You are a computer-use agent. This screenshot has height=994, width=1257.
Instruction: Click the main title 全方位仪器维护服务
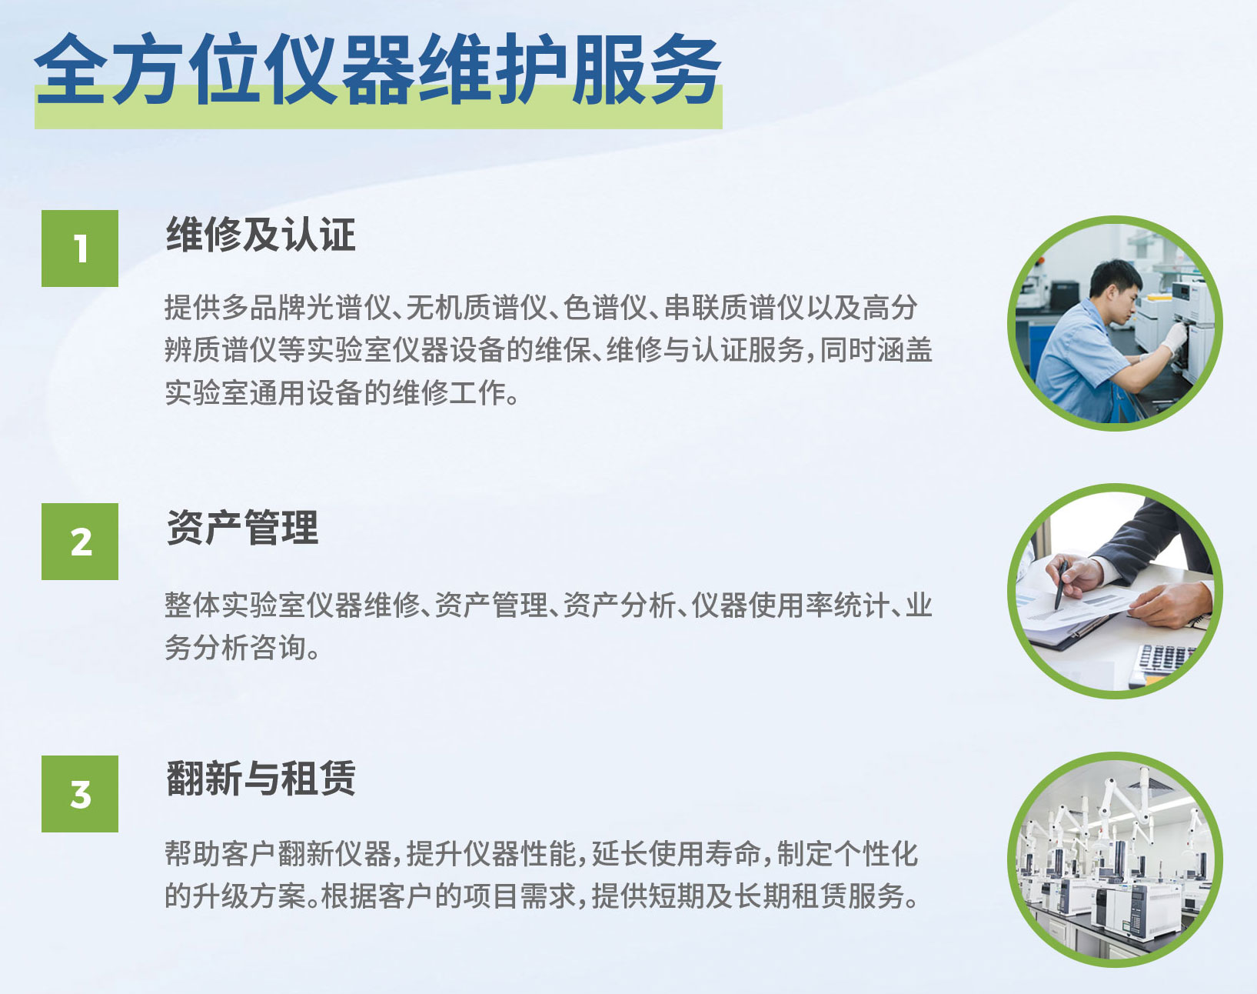(x=378, y=69)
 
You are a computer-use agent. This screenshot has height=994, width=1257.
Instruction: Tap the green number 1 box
(x=80, y=248)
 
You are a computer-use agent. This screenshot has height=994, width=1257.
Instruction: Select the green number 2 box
(x=80, y=542)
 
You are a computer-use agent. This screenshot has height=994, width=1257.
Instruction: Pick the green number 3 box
(x=80, y=794)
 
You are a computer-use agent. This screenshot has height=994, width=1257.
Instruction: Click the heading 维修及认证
(x=261, y=235)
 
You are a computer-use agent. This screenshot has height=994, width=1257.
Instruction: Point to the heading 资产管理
(x=242, y=528)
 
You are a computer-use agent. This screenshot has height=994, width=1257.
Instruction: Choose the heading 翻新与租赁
(x=261, y=779)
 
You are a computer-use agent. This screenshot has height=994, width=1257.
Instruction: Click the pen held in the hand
(x=1060, y=585)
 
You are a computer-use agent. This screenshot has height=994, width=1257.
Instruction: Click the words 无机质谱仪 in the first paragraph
(x=477, y=308)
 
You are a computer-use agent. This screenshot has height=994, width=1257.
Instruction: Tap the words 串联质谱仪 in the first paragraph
(x=735, y=308)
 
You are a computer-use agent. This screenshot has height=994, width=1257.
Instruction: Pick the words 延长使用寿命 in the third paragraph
(x=677, y=854)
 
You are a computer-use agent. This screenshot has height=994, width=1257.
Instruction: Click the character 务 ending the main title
(x=684, y=70)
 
